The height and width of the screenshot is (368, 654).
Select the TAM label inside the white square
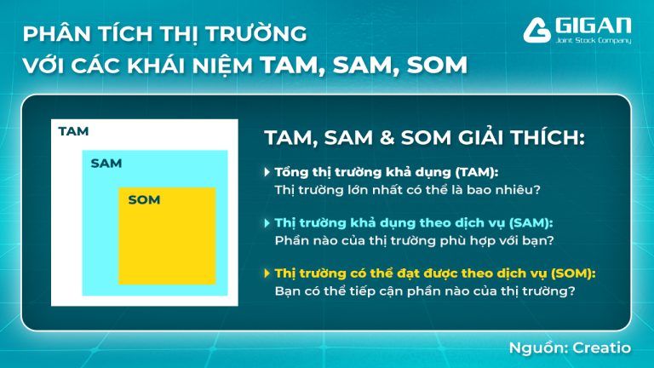73,131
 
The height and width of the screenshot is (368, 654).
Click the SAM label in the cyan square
106,163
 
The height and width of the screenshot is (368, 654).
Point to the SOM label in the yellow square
144,200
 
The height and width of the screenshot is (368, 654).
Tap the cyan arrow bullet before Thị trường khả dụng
267,223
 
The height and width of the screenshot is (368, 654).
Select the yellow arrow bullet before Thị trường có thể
267,273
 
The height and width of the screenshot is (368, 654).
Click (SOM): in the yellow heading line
571,273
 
